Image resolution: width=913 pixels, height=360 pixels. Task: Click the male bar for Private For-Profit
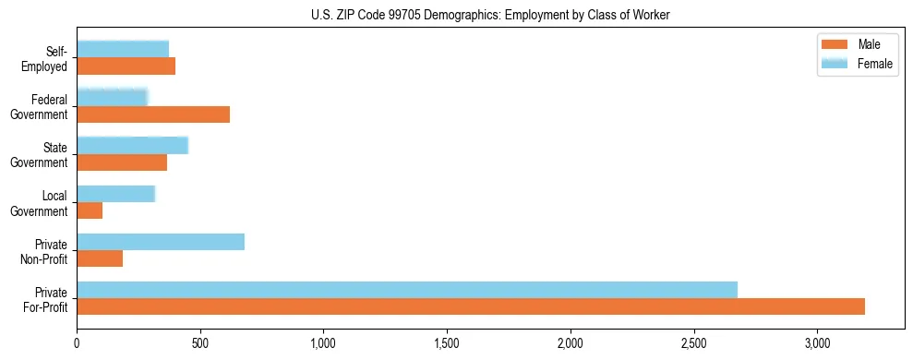(471, 306)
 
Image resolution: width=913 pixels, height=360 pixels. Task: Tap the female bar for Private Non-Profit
(161, 242)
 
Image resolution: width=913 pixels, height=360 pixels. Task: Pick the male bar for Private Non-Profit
(100, 258)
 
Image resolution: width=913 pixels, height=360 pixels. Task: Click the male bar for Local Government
(90, 210)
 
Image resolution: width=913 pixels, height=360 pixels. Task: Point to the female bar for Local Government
(115, 194)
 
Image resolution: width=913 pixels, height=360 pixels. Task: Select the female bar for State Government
(132, 146)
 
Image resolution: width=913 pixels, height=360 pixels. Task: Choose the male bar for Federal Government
(153, 114)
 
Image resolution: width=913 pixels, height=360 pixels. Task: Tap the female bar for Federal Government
(112, 98)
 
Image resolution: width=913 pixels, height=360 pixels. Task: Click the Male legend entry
(860, 45)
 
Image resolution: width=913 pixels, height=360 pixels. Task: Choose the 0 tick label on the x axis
(77, 343)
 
